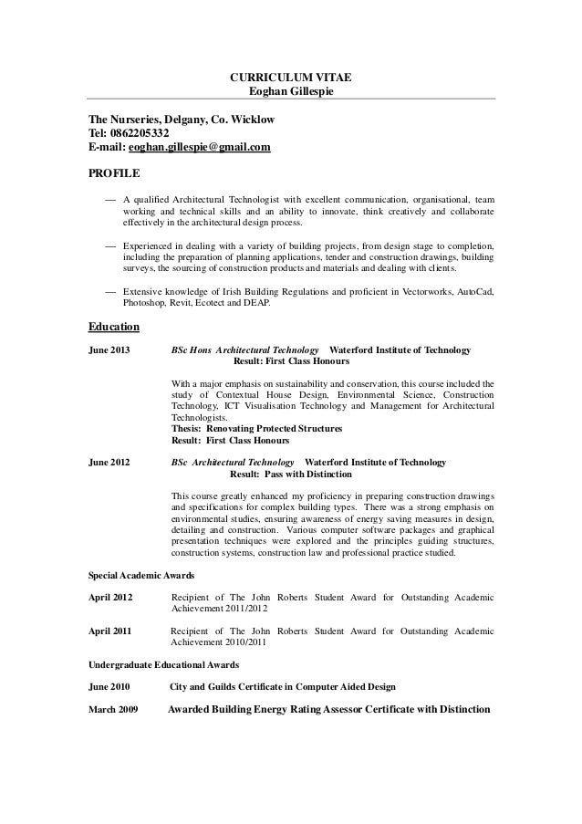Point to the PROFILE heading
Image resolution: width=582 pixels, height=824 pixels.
[x=114, y=172]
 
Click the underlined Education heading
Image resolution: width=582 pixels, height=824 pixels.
[x=113, y=327]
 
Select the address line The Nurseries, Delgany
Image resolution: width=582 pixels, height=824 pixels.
[x=181, y=120]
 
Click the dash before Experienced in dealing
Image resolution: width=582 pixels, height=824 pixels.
[x=110, y=246]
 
